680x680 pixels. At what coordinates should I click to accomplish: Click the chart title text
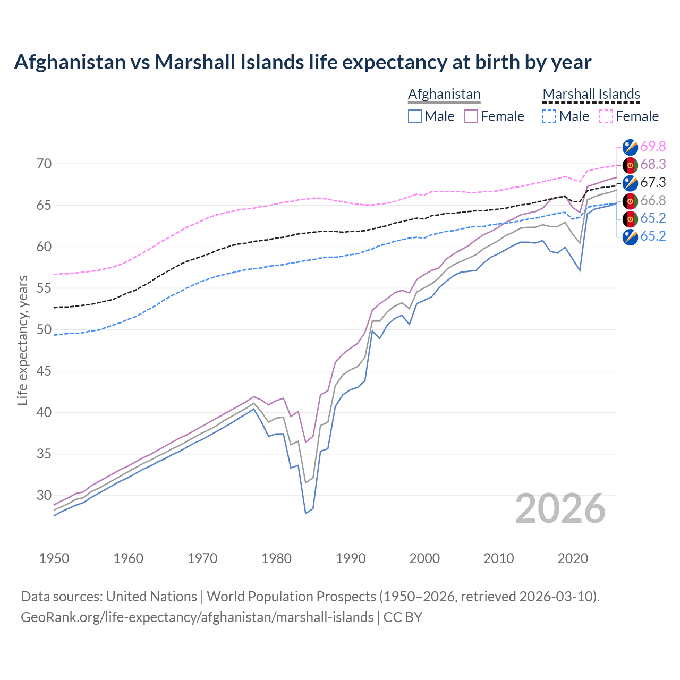302,62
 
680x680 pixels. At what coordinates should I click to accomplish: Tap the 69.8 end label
653,146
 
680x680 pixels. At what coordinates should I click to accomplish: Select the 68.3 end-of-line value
653,164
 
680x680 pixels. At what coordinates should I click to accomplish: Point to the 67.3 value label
653,182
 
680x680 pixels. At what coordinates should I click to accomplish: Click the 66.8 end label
653,200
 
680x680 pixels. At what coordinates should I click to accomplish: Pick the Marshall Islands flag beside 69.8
630,147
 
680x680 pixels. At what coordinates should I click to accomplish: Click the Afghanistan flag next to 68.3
630,165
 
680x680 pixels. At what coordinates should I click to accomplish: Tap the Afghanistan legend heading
444,94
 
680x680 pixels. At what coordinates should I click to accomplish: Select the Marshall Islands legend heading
591,94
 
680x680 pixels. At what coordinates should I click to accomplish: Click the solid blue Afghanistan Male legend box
415,116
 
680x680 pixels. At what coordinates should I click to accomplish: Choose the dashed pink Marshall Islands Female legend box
606,116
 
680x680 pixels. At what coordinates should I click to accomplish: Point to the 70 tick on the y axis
44,164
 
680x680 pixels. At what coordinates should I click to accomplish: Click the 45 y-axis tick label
44,371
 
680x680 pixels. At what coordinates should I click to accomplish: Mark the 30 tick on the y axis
44,495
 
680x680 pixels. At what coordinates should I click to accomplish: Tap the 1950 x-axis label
54,558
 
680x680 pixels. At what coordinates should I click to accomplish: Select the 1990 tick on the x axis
351,558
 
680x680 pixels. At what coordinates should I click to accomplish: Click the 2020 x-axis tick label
573,558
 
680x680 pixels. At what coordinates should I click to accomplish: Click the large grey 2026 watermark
560,508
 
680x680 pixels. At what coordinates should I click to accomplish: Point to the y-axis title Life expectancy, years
22,340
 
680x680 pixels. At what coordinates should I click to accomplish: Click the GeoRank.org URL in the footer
197,617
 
